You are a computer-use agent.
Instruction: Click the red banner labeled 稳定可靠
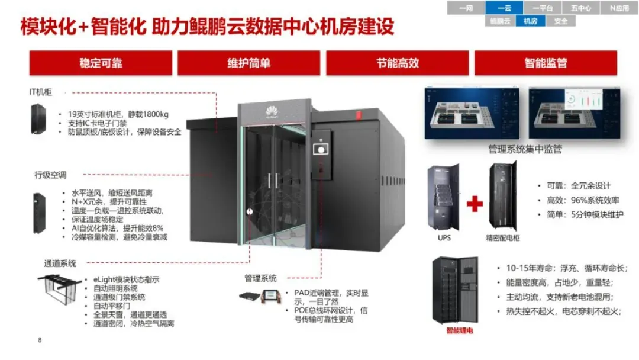[101, 63]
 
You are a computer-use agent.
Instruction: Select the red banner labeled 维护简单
[248, 63]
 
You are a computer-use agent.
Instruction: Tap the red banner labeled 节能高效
[397, 63]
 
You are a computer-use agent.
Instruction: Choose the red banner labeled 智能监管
[545, 63]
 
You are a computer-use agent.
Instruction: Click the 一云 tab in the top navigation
[504, 8]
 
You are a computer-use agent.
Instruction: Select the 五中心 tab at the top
[580, 8]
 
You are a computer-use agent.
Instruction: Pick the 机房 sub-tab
[530, 21]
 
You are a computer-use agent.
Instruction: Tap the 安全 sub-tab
[560, 21]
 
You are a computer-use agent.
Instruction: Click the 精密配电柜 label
[504, 238]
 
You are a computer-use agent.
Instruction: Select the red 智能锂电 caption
[460, 330]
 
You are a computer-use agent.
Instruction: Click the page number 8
[40, 340]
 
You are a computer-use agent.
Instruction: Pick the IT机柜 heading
[41, 92]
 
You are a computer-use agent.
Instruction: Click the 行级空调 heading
[50, 175]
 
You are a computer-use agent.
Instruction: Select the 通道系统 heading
[60, 263]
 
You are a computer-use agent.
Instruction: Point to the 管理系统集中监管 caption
[525, 150]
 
